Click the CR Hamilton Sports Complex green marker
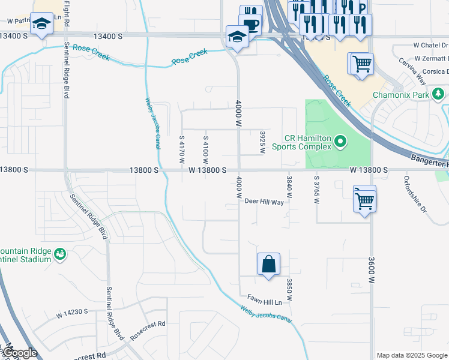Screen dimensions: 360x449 [x=341, y=142]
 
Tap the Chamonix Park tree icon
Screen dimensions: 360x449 [x=439, y=94]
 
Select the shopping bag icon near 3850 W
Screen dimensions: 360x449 [x=268, y=264]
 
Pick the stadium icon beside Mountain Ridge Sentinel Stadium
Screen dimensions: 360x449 [x=59, y=255]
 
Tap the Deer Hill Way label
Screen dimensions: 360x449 [x=264, y=202]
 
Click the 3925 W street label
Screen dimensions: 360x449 [x=262, y=143]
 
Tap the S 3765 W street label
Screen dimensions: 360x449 [x=316, y=189]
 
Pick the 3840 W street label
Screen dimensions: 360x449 [x=289, y=187]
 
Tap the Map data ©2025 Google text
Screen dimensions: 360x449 [x=412, y=355]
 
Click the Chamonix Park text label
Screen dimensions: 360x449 [x=401, y=95]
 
